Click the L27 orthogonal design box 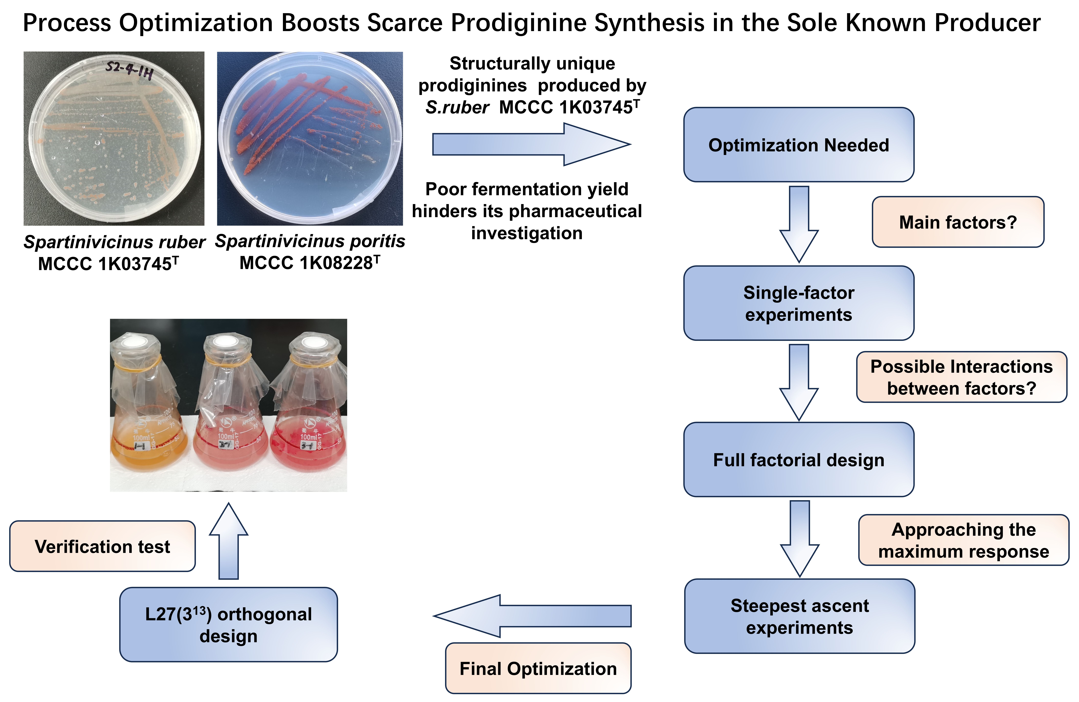[228, 625]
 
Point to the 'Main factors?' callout [958, 222]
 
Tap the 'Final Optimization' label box [538, 668]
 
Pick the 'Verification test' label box [102, 546]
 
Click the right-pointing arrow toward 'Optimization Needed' [530, 145]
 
